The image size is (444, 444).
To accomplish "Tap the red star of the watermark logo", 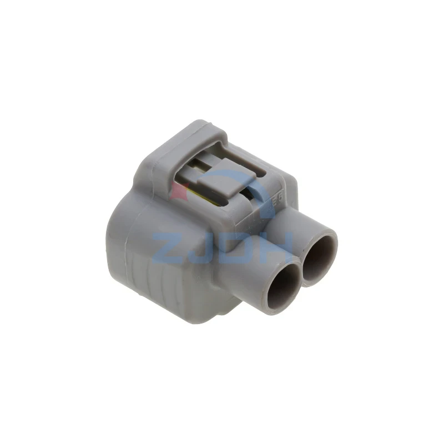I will point(177,191).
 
